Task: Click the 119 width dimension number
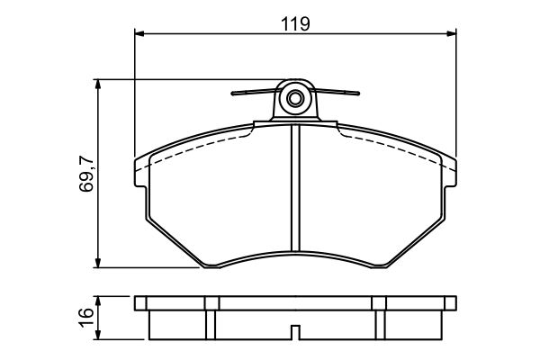(x=295, y=23)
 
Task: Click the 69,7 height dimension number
(x=86, y=174)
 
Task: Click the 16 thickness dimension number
(x=85, y=318)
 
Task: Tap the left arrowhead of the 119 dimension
(x=139, y=33)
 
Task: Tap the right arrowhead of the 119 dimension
(x=452, y=33)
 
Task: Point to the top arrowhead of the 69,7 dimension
(x=98, y=84)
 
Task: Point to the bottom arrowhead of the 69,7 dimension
(x=98, y=263)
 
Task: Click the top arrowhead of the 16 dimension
(x=98, y=301)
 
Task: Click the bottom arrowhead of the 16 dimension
(x=98, y=335)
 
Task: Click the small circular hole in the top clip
(x=295, y=99)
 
